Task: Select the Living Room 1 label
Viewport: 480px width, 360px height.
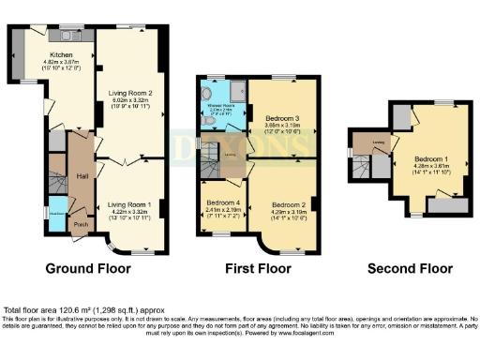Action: tap(128, 203)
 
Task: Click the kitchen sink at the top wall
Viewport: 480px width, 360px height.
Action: tap(68, 36)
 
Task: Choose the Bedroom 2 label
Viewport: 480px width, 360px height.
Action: tap(291, 203)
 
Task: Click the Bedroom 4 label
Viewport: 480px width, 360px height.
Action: tap(223, 203)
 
